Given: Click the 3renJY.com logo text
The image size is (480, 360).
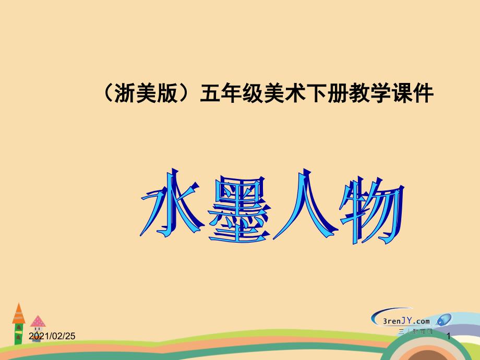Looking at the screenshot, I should (x=401, y=321).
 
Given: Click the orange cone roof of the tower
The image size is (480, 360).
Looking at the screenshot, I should (x=19, y=313).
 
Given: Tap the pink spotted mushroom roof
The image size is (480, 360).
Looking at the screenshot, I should (x=38, y=321).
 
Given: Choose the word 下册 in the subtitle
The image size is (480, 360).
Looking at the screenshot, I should (x=321, y=94).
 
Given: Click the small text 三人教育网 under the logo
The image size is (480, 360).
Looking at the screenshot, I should (x=415, y=331).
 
